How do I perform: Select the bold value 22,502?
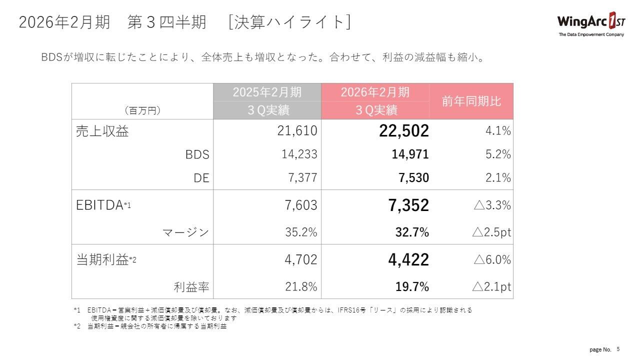(404, 131)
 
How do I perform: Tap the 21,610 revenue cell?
(297, 131)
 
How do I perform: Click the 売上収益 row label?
(102, 131)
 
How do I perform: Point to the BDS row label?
(197, 154)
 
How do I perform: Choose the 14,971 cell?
(410, 154)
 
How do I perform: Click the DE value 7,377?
(302, 177)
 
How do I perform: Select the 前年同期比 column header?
(471, 101)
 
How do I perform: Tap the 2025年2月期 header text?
(267, 92)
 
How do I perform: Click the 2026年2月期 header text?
(375, 92)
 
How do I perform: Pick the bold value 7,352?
(408, 205)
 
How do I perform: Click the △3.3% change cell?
(491, 205)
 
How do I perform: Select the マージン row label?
(186, 232)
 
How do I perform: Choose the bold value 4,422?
(408, 260)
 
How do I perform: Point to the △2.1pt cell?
(491, 287)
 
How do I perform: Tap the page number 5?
(618, 349)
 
